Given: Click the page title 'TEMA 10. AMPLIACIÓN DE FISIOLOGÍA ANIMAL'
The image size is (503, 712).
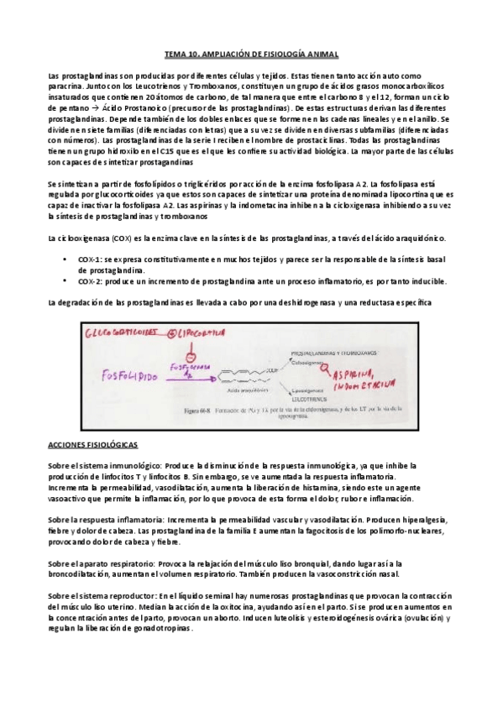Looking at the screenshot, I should [x=251, y=55].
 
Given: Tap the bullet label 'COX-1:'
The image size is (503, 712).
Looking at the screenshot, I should [x=90, y=261].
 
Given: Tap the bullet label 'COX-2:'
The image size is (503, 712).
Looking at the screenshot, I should [x=90, y=281].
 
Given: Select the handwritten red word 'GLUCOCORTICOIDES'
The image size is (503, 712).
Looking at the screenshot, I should [x=119, y=333].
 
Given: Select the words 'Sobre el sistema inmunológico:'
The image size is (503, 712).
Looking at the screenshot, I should [x=106, y=465].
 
